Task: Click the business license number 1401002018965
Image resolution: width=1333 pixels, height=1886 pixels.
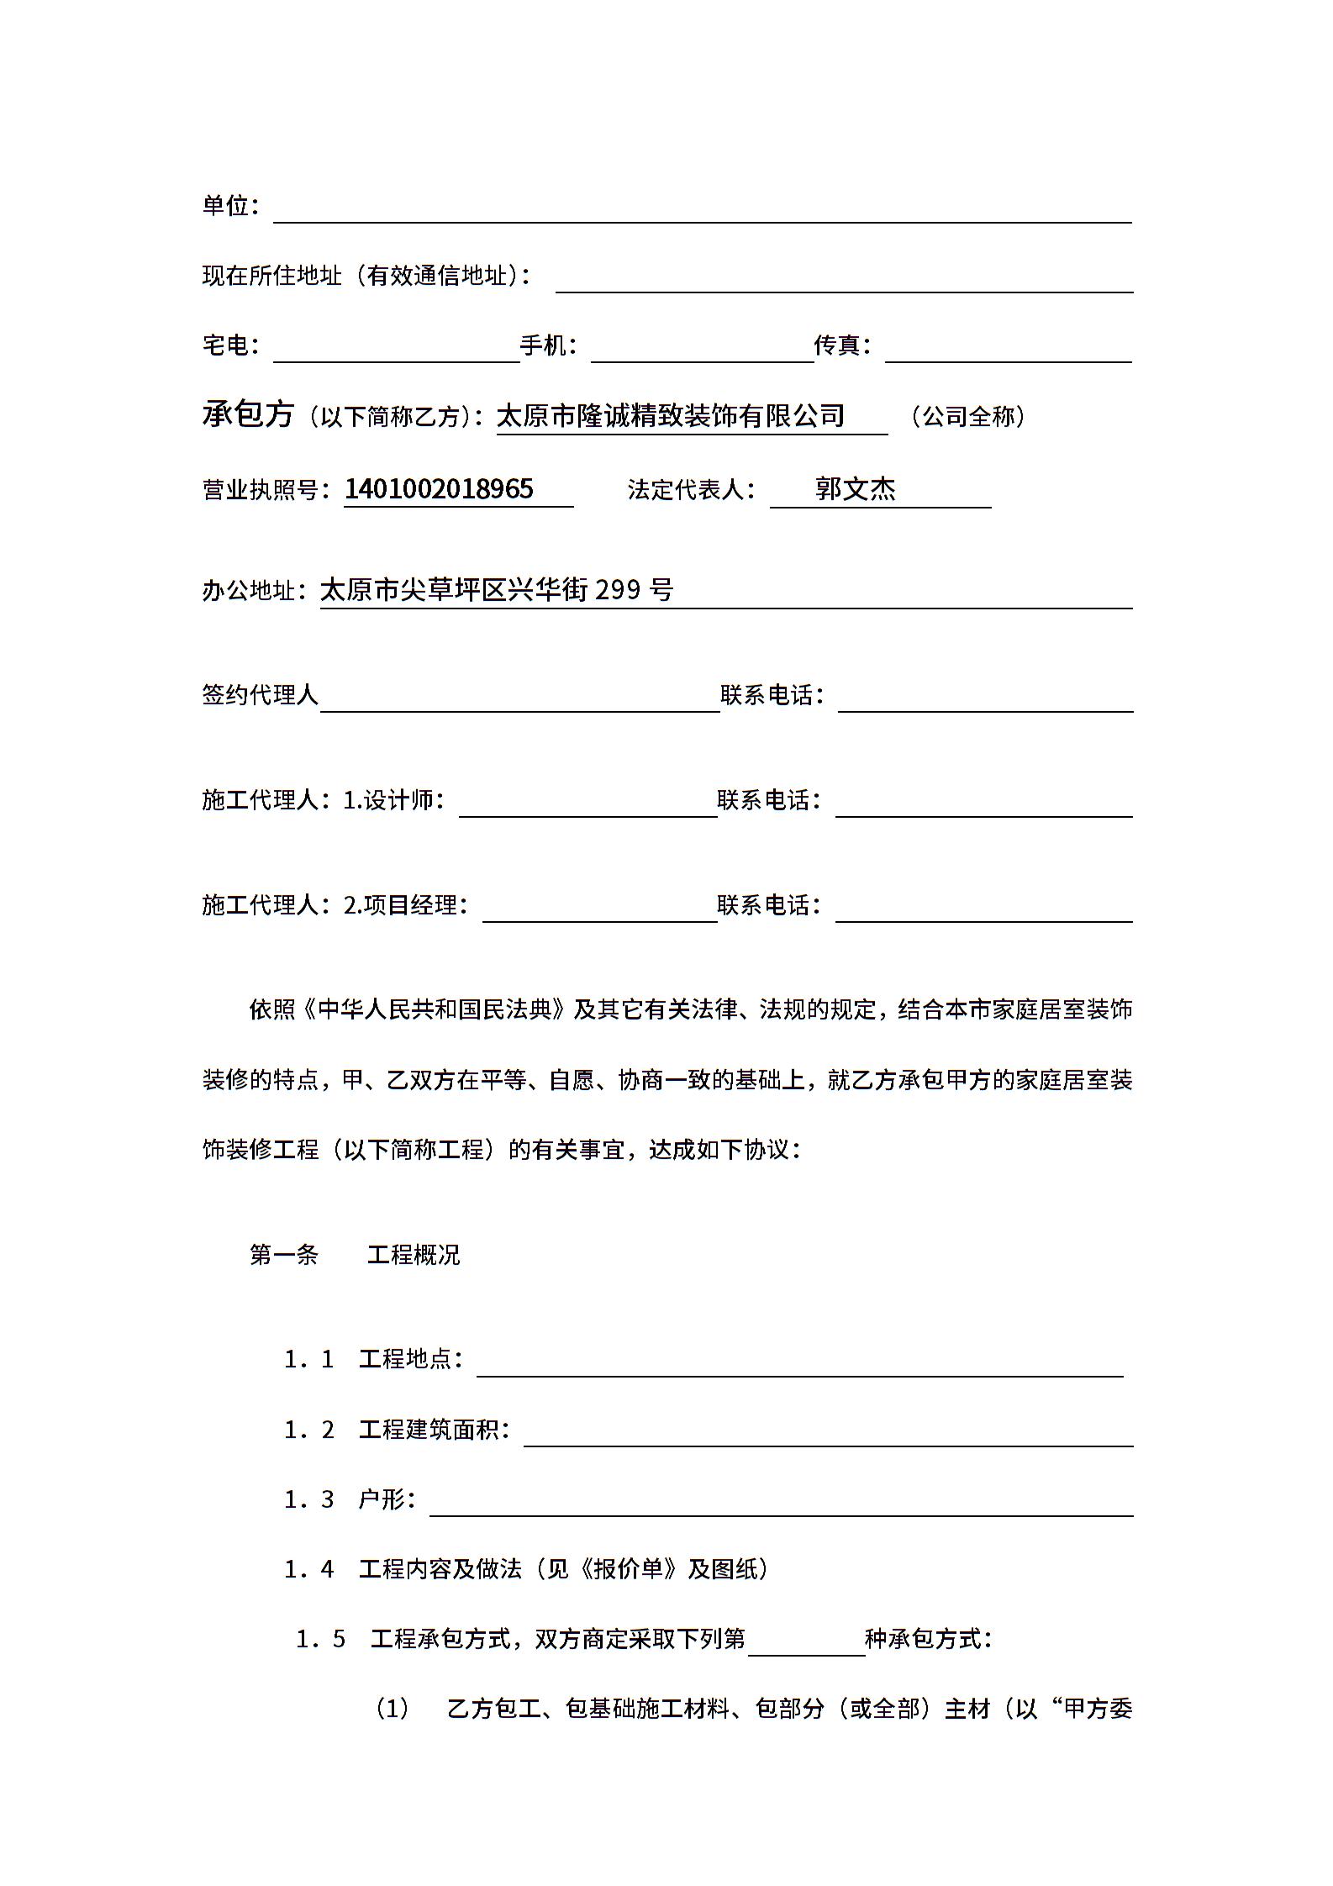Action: point(439,489)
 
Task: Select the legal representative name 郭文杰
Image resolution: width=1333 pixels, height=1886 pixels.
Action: point(855,489)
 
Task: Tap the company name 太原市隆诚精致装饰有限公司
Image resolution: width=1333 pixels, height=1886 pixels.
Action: point(671,416)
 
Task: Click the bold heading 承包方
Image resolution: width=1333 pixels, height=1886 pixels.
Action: point(248,414)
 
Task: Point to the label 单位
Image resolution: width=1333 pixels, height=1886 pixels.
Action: point(225,205)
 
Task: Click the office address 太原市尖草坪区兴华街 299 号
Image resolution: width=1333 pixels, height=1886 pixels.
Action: point(497,591)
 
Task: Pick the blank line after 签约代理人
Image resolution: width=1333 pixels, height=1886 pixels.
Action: point(519,701)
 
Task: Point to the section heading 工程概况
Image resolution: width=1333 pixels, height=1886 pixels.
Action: point(414,1255)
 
